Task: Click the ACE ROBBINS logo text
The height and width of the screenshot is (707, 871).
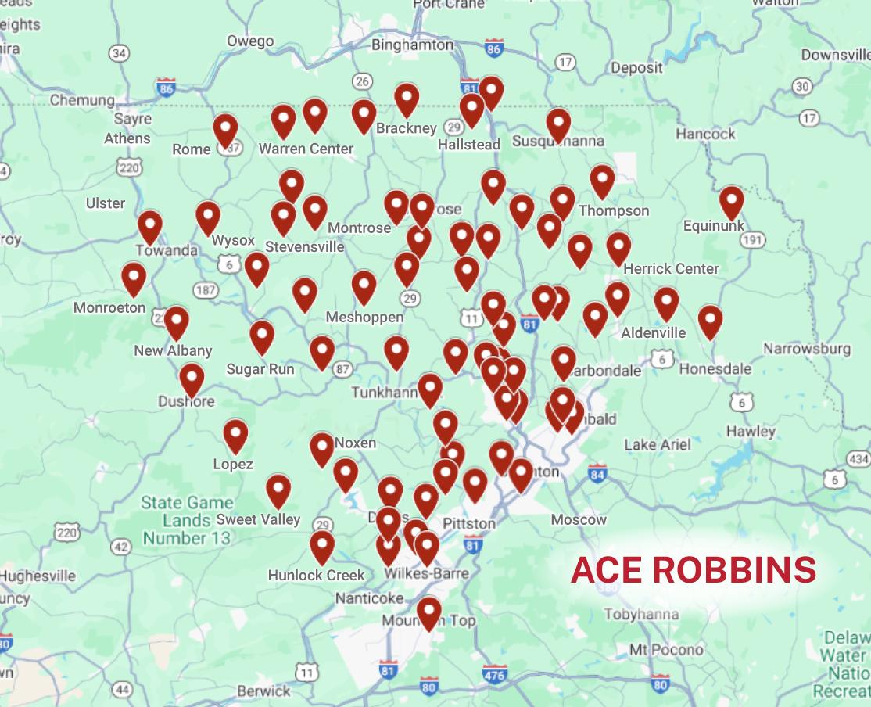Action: (x=694, y=570)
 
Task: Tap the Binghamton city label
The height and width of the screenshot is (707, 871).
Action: (x=412, y=45)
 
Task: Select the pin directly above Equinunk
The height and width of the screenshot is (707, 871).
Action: (x=731, y=202)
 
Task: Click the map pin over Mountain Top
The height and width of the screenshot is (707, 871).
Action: (x=428, y=612)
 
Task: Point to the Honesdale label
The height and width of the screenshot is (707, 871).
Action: (x=715, y=368)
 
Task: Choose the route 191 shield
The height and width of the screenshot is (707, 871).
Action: (x=752, y=240)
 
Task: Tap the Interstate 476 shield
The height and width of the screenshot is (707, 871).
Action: (x=494, y=673)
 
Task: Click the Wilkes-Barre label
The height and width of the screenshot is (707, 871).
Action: (x=427, y=573)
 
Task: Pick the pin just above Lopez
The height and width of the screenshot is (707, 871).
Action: (x=235, y=435)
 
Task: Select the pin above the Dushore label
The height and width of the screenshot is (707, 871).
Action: (x=192, y=379)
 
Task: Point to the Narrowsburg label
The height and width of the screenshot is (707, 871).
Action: (x=806, y=348)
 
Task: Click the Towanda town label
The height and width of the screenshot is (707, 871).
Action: (x=167, y=250)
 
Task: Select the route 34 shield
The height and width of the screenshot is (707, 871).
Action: (x=119, y=53)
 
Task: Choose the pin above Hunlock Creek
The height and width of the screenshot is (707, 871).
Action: (x=322, y=546)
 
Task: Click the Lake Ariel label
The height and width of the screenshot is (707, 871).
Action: (x=657, y=444)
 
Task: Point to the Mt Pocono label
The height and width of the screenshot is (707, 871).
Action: (x=666, y=649)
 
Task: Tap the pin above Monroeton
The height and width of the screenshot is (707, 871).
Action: (x=134, y=278)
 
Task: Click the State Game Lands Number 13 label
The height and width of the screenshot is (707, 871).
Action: (x=187, y=520)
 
